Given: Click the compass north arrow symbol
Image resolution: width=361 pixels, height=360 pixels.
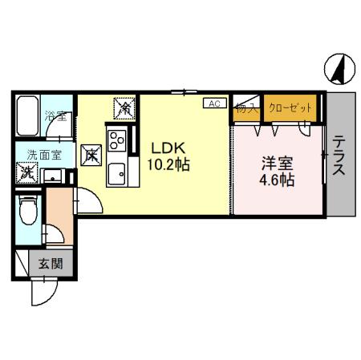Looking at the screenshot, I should pyautogui.click(x=341, y=70).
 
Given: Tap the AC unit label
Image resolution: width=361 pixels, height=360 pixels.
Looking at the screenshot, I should pyautogui.click(x=214, y=103).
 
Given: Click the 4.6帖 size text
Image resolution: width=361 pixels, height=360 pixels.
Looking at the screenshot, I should pyautogui.click(x=276, y=180).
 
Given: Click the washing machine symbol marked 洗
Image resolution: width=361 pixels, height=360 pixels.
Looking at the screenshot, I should pyautogui.click(x=28, y=172).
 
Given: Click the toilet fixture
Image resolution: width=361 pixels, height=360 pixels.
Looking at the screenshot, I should pyautogui.click(x=27, y=212).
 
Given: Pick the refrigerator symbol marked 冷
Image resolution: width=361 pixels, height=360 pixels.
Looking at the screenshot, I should pyautogui.click(x=124, y=106).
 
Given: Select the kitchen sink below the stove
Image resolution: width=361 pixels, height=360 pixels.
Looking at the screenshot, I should pyautogui.click(x=117, y=172).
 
